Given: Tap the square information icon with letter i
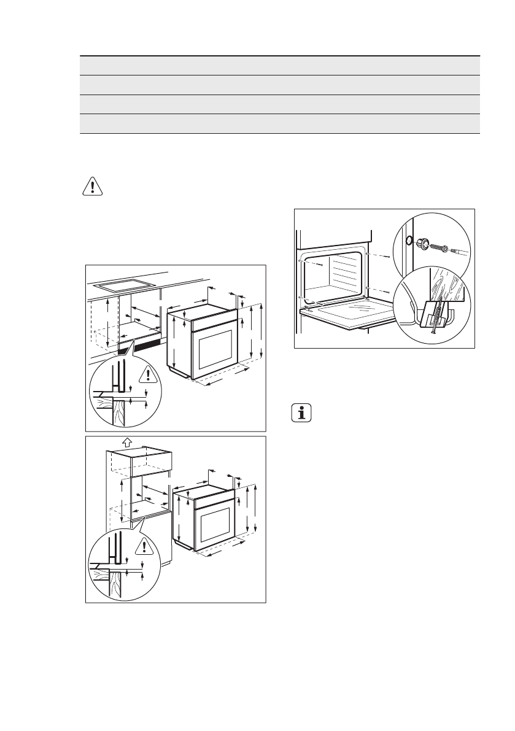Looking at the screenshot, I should point(301,413).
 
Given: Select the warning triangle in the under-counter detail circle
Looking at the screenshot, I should point(147,374).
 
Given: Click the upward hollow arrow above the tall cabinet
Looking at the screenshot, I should point(127,441).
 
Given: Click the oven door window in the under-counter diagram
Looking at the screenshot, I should point(214,348).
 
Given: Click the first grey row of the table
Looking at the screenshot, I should point(279,66).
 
